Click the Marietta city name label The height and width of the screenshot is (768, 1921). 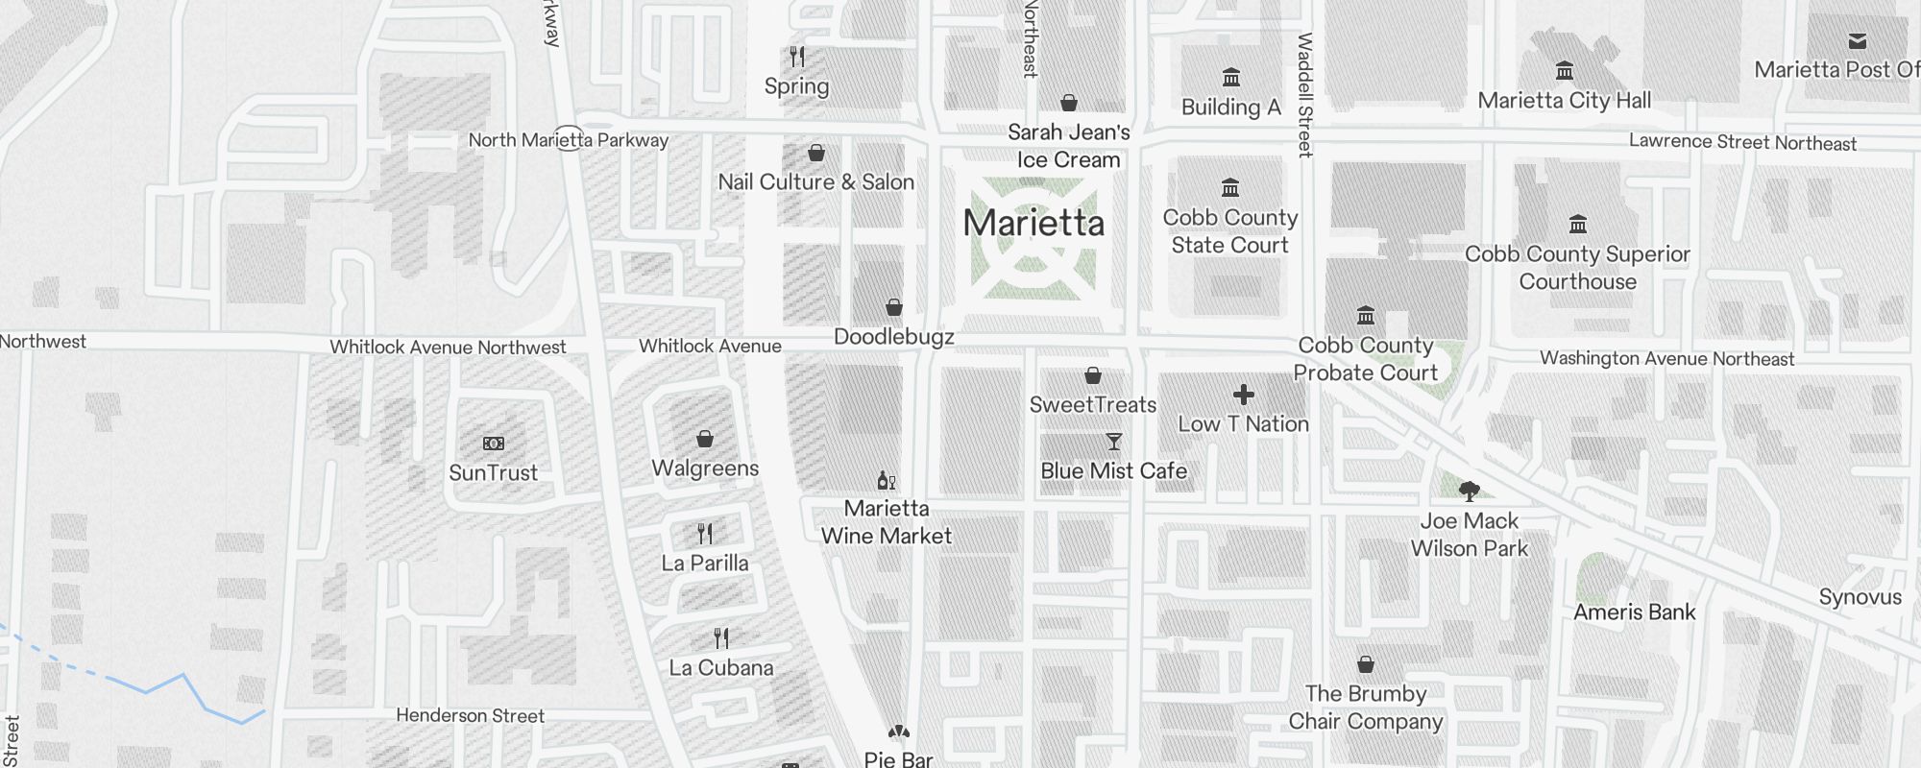pos(1033,224)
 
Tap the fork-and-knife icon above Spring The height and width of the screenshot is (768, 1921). pos(797,57)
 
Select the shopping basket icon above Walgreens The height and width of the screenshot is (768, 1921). pos(705,439)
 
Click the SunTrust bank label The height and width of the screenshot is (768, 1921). pos(493,472)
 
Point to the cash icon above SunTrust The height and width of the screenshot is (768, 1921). pos(493,444)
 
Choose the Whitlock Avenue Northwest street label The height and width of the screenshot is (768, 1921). pos(448,348)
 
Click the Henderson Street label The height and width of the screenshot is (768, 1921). pos(470,716)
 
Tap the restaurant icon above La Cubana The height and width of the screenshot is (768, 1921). pos(721,638)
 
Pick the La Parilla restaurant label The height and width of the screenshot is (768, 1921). pos(704,564)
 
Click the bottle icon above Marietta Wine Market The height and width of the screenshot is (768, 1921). pos(887,480)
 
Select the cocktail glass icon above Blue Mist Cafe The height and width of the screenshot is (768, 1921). pos(1114,442)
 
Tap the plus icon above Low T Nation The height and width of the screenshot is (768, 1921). pos(1244,395)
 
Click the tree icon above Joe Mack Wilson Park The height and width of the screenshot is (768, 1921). pos(1469,492)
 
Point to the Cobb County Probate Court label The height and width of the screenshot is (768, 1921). pos(1365,359)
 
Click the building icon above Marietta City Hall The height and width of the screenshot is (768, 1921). pos(1565,71)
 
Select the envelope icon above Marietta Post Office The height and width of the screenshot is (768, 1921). pos(1858,41)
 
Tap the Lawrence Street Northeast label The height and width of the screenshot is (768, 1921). pos(1742,143)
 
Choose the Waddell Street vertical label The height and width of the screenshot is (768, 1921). pos(1304,95)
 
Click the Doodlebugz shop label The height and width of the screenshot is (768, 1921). pos(893,337)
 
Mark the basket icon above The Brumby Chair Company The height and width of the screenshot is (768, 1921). pos(1366,664)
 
